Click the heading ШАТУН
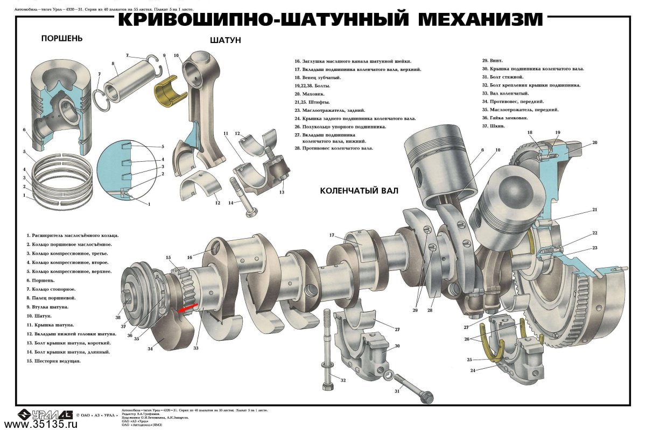click(225, 40)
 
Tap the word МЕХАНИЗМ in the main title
click(480, 19)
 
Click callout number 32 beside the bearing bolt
click(343, 381)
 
